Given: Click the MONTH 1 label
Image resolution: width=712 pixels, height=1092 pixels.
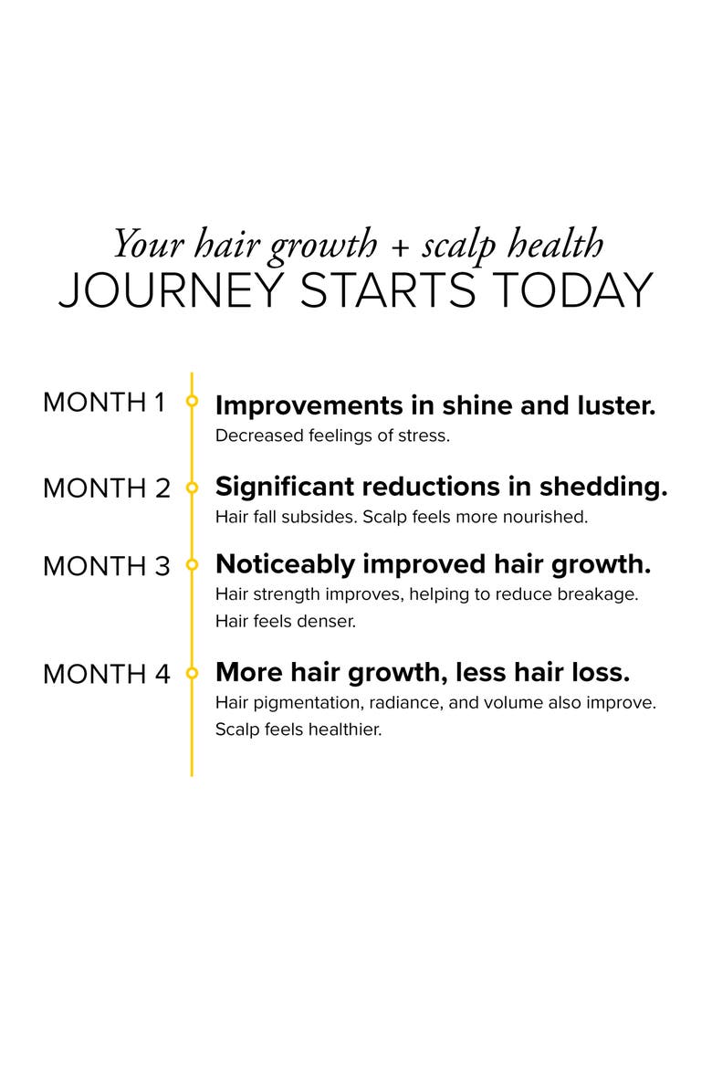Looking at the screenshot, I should [104, 403].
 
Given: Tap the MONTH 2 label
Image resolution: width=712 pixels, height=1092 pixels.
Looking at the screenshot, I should [106, 488].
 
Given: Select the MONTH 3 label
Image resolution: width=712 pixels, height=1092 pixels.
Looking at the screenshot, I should [106, 566].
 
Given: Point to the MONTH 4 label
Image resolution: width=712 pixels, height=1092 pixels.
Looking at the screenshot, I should [106, 675].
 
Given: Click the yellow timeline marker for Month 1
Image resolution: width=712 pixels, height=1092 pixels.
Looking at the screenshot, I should [192, 401].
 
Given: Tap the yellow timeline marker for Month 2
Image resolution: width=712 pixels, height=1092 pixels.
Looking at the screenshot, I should [192, 488].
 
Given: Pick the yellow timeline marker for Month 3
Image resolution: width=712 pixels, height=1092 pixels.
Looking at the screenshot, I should [192, 565].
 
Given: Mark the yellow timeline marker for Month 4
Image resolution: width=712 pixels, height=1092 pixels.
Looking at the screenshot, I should [192, 673].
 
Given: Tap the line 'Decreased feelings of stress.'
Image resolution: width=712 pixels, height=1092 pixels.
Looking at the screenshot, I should [332, 436].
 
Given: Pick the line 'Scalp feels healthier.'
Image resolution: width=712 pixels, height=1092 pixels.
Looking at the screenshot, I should [298, 730].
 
